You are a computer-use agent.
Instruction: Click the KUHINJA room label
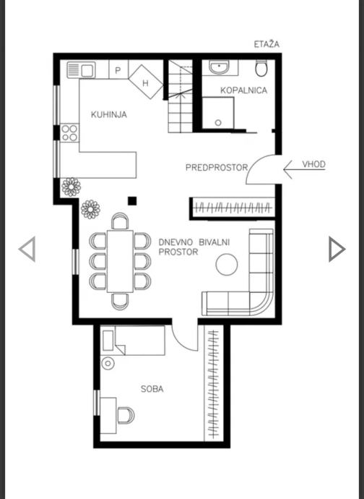(109, 114)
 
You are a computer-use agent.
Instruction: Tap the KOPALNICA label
(243, 90)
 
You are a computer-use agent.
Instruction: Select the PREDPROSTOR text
(217, 167)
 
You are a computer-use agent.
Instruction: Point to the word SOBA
(152, 389)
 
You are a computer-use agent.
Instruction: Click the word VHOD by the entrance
(313, 164)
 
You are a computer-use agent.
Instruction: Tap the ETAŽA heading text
(266, 44)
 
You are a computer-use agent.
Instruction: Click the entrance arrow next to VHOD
(304, 170)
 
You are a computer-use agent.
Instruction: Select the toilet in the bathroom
(261, 68)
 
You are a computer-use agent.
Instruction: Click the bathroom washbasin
(219, 67)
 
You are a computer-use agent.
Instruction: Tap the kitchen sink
(81, 69)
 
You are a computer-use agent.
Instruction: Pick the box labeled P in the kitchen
(118, 69)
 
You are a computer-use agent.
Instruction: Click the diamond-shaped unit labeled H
(146, 82)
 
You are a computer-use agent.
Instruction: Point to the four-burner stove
(69, 133)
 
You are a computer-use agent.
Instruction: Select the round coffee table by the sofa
(226, 264)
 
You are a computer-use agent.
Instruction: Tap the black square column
(132, 201)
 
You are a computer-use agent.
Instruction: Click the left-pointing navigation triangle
(27, 249)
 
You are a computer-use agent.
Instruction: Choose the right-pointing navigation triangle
(337, 249)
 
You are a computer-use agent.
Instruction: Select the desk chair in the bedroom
(126, 415)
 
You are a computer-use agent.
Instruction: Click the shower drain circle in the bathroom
(218, 122)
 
